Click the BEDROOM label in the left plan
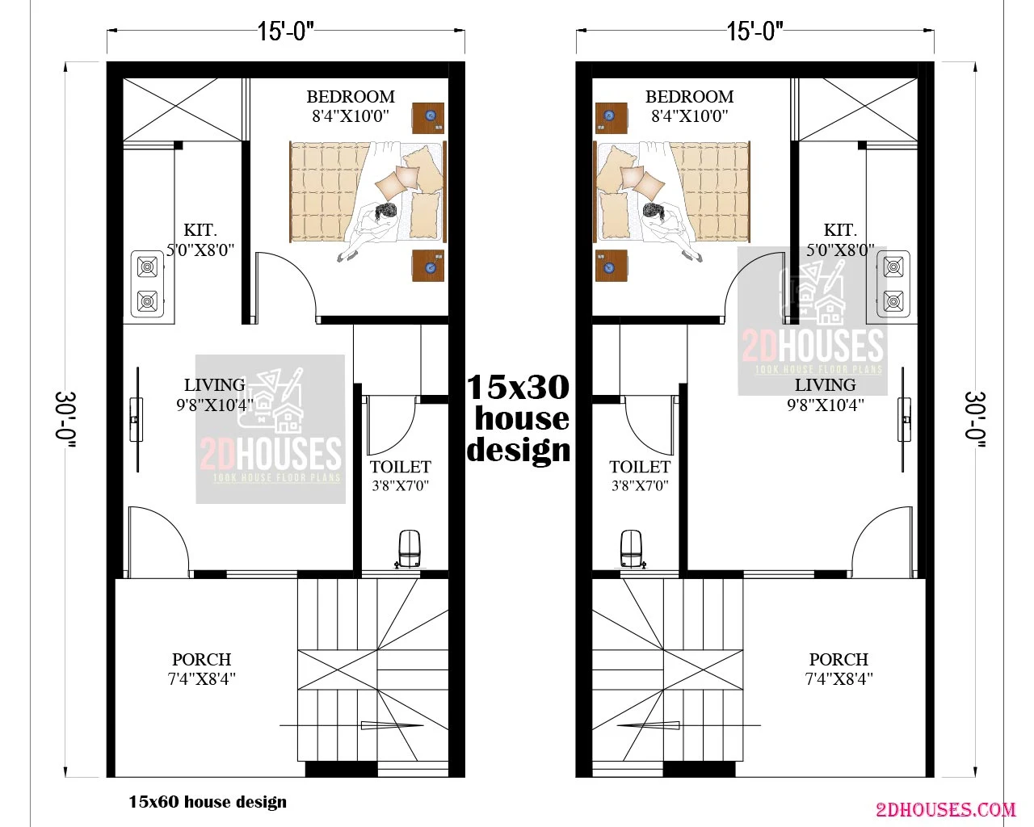click(351, 97)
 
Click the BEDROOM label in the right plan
click(690, 97)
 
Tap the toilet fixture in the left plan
click(409, 548)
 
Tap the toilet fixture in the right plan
click(631, 548)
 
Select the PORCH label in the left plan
click(202, 659)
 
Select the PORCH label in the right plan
click(839, 659)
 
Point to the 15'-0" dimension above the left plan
click(285, 31)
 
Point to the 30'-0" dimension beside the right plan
click(975, 419)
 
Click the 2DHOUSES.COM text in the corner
click(946, 810)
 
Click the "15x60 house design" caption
click(208, 801)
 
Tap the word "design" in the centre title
click(519, 451)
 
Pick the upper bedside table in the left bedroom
click(427, 118)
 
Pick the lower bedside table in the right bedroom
click(612, 266)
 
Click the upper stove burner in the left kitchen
click(147, 267)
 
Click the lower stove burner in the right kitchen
click(893, 301)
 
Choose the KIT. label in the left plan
click(200, 229)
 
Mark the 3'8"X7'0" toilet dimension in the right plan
click(640, 486)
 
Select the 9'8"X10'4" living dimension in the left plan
click(215, 405)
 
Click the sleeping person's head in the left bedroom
click(386, 212)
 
